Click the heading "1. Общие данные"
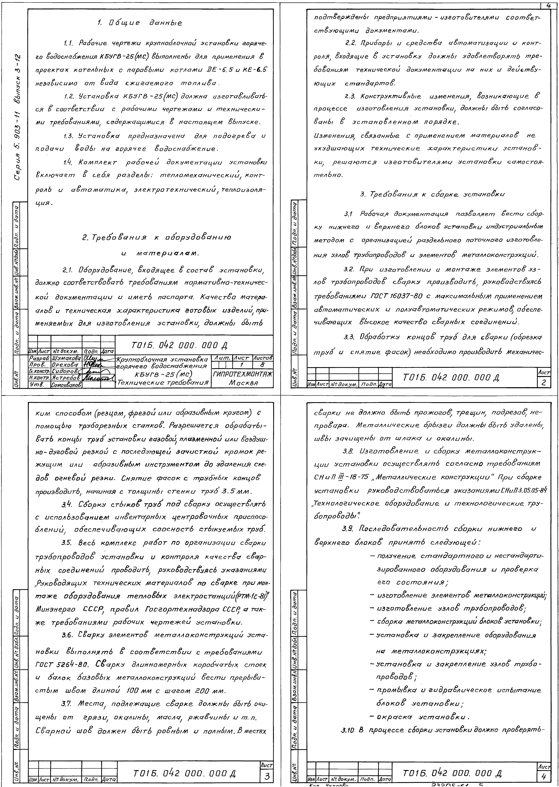139,23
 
